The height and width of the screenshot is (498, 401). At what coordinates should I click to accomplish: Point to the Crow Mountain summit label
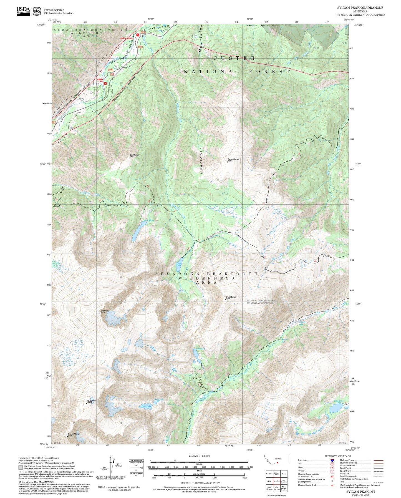134,155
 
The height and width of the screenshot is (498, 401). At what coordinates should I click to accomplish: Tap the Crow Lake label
179,265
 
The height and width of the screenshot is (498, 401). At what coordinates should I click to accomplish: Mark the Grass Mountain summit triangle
225,300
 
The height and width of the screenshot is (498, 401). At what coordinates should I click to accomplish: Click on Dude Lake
146,407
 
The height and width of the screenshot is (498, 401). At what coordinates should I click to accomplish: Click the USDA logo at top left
23,11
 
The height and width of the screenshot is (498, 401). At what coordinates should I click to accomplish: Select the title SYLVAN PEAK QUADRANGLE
360,8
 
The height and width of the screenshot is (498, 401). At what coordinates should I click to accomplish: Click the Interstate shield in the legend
332,460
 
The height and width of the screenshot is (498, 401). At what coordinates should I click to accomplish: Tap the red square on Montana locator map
278,463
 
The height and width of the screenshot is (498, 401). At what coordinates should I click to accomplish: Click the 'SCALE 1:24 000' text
199,456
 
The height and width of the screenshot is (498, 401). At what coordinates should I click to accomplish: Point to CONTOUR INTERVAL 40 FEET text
199,483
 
